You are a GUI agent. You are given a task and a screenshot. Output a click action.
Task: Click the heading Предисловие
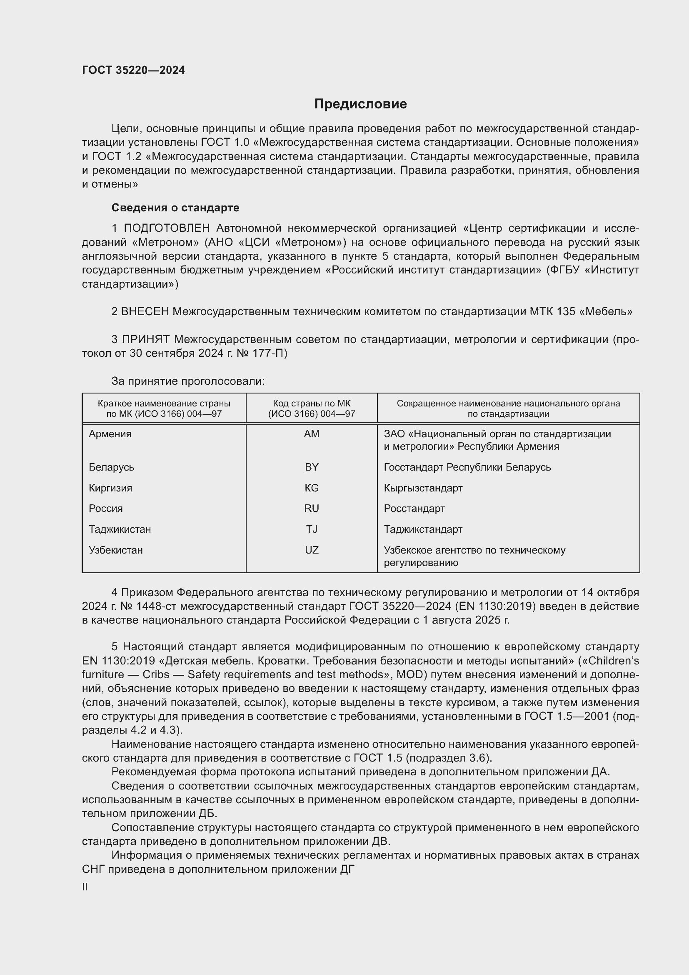click(360, 104)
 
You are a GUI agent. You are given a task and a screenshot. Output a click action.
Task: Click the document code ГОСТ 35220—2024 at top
click(133, 70)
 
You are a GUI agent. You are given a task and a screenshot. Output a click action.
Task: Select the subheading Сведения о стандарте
click(175, 208)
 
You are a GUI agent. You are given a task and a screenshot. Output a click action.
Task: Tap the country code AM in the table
click(312, 434)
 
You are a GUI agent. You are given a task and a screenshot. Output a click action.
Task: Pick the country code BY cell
click(312, 467)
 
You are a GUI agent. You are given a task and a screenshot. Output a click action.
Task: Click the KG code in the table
click(312, 488)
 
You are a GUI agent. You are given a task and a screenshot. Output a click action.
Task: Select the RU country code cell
click(312, 508)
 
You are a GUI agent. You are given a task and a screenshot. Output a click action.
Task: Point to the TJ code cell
click(312, 529)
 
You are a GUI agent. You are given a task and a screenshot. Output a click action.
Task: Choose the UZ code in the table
click(312, 550)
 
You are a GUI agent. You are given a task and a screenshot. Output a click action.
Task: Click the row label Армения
click(110, 434)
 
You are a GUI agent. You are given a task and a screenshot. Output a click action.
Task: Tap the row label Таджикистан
click(120, 529)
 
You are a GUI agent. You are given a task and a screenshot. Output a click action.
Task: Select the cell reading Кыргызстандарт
click(423, 488)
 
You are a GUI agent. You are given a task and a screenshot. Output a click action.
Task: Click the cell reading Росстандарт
click(414, 508)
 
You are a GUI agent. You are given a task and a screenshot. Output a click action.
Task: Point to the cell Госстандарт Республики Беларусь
click(467, 467)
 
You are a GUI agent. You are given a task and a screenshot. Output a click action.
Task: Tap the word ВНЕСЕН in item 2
click(145, 312)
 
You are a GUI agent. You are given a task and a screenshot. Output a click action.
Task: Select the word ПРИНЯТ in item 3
click(145, 339)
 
